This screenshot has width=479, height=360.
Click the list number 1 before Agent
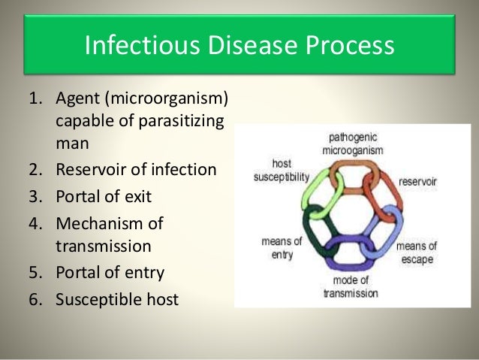point(34,100)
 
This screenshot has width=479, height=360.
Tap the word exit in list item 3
point(137,197)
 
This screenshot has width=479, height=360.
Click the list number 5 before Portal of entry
point(34,272)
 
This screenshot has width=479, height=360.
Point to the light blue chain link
point(387,229)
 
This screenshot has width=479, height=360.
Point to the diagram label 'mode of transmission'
point(351,288)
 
